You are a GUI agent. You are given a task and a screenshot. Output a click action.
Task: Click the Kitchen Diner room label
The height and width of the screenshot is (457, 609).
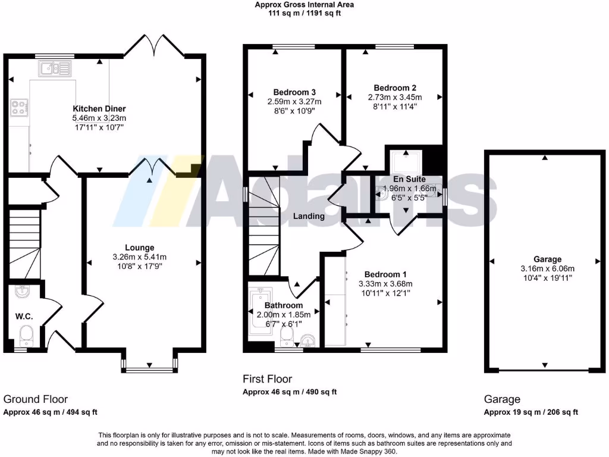click(x=99, y=109)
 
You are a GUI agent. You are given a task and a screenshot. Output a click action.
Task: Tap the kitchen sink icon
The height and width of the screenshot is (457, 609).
click(x=54, y=70)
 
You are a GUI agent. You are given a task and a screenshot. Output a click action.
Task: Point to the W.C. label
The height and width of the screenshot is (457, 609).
click(x=24, y=316)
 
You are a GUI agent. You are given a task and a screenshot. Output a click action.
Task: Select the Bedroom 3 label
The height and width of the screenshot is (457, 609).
click(x=294, y=92)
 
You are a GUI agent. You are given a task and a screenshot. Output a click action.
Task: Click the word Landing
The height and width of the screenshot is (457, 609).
click(x=309, y=216)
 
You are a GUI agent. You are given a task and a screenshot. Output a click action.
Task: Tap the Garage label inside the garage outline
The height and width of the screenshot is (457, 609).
click(x=547, y=259)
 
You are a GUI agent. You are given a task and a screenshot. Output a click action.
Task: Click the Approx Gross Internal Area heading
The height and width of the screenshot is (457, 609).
click(x=304, y=4)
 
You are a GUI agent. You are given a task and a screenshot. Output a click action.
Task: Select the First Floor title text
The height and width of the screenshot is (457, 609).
click(x=267, y=379)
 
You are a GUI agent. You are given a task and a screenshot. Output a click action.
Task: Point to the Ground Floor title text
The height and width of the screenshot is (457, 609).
click(x=36, y=399)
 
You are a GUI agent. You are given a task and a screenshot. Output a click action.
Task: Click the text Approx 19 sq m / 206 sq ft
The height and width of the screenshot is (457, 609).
click(x=530, y=412)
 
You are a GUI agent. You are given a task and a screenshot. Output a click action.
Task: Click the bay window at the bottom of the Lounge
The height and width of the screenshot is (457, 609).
click(x=148, y=367)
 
